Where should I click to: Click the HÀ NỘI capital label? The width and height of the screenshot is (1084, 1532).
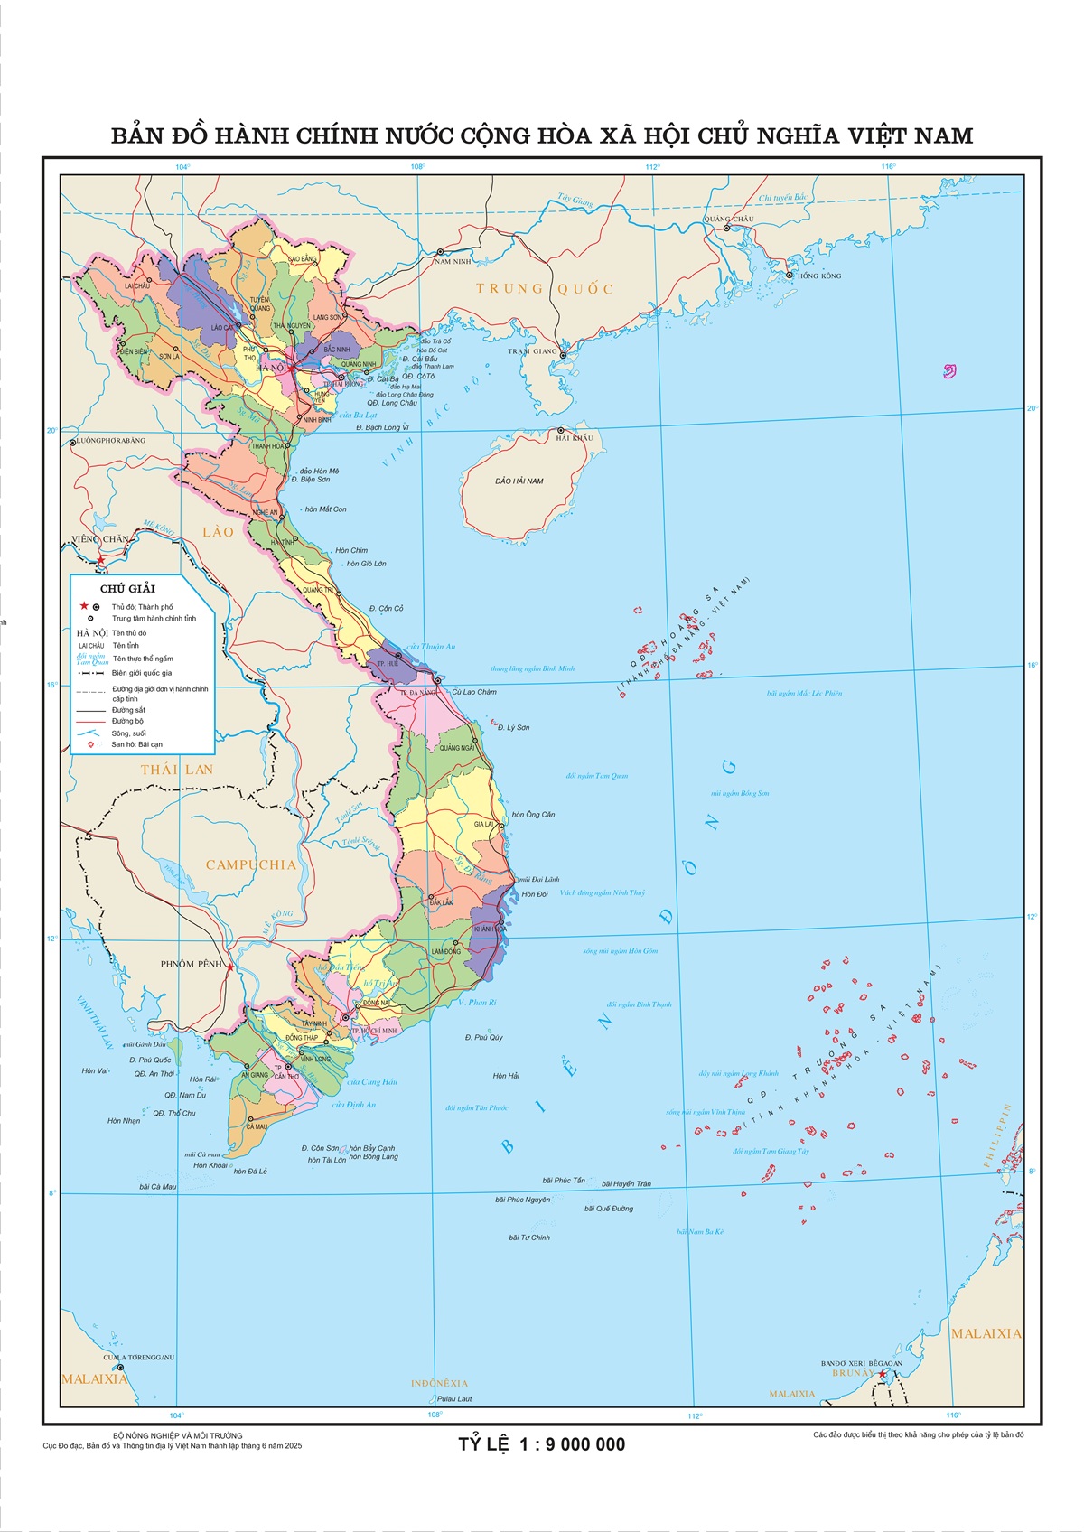271,368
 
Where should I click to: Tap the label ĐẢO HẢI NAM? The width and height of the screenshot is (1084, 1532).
519,481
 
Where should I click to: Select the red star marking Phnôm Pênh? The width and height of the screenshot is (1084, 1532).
230,967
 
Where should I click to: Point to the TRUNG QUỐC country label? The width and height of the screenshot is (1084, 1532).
545,289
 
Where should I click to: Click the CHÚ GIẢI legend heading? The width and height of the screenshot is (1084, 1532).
127,589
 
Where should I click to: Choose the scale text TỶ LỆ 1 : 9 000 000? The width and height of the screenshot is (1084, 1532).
541,1444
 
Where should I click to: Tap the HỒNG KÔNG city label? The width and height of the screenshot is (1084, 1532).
818,276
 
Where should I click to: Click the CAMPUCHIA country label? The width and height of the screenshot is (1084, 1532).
250,864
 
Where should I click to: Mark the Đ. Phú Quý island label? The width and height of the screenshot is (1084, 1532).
483,1037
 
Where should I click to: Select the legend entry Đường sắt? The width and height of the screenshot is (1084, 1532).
128,710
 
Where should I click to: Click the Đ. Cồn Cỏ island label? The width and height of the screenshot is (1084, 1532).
386,609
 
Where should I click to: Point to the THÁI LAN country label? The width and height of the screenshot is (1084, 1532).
176,770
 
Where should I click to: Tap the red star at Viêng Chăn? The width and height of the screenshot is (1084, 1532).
101,560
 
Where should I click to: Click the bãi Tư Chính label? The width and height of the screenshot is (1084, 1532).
529,1238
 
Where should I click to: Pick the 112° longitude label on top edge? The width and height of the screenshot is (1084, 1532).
652,166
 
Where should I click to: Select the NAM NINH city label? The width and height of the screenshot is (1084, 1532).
453,261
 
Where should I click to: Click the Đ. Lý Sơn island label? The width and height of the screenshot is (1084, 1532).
513,727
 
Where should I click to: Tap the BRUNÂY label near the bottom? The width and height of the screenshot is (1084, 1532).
852,1373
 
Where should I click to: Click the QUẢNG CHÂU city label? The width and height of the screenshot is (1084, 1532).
728,219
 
